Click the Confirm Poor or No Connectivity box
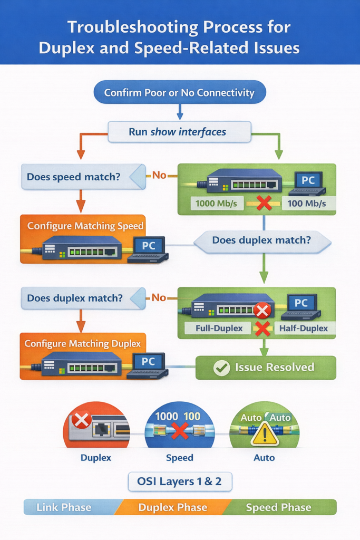point(179,93)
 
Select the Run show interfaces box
point(179,132)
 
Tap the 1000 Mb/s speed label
point(216,203)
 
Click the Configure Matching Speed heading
point(85,226)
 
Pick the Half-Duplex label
point(304,328)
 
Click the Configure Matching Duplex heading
point(83,344)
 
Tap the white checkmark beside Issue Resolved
point(221,368)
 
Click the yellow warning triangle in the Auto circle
point(264,435)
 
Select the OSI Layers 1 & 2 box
point(180,481)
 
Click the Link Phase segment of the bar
point(64,508)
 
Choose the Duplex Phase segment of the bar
point(172,508)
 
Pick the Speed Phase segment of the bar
point(279,508)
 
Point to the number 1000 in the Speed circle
point(167,416)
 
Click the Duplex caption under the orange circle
point(96,458)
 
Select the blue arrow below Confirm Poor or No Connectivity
point(180,111)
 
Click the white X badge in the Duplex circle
point(81,420)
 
